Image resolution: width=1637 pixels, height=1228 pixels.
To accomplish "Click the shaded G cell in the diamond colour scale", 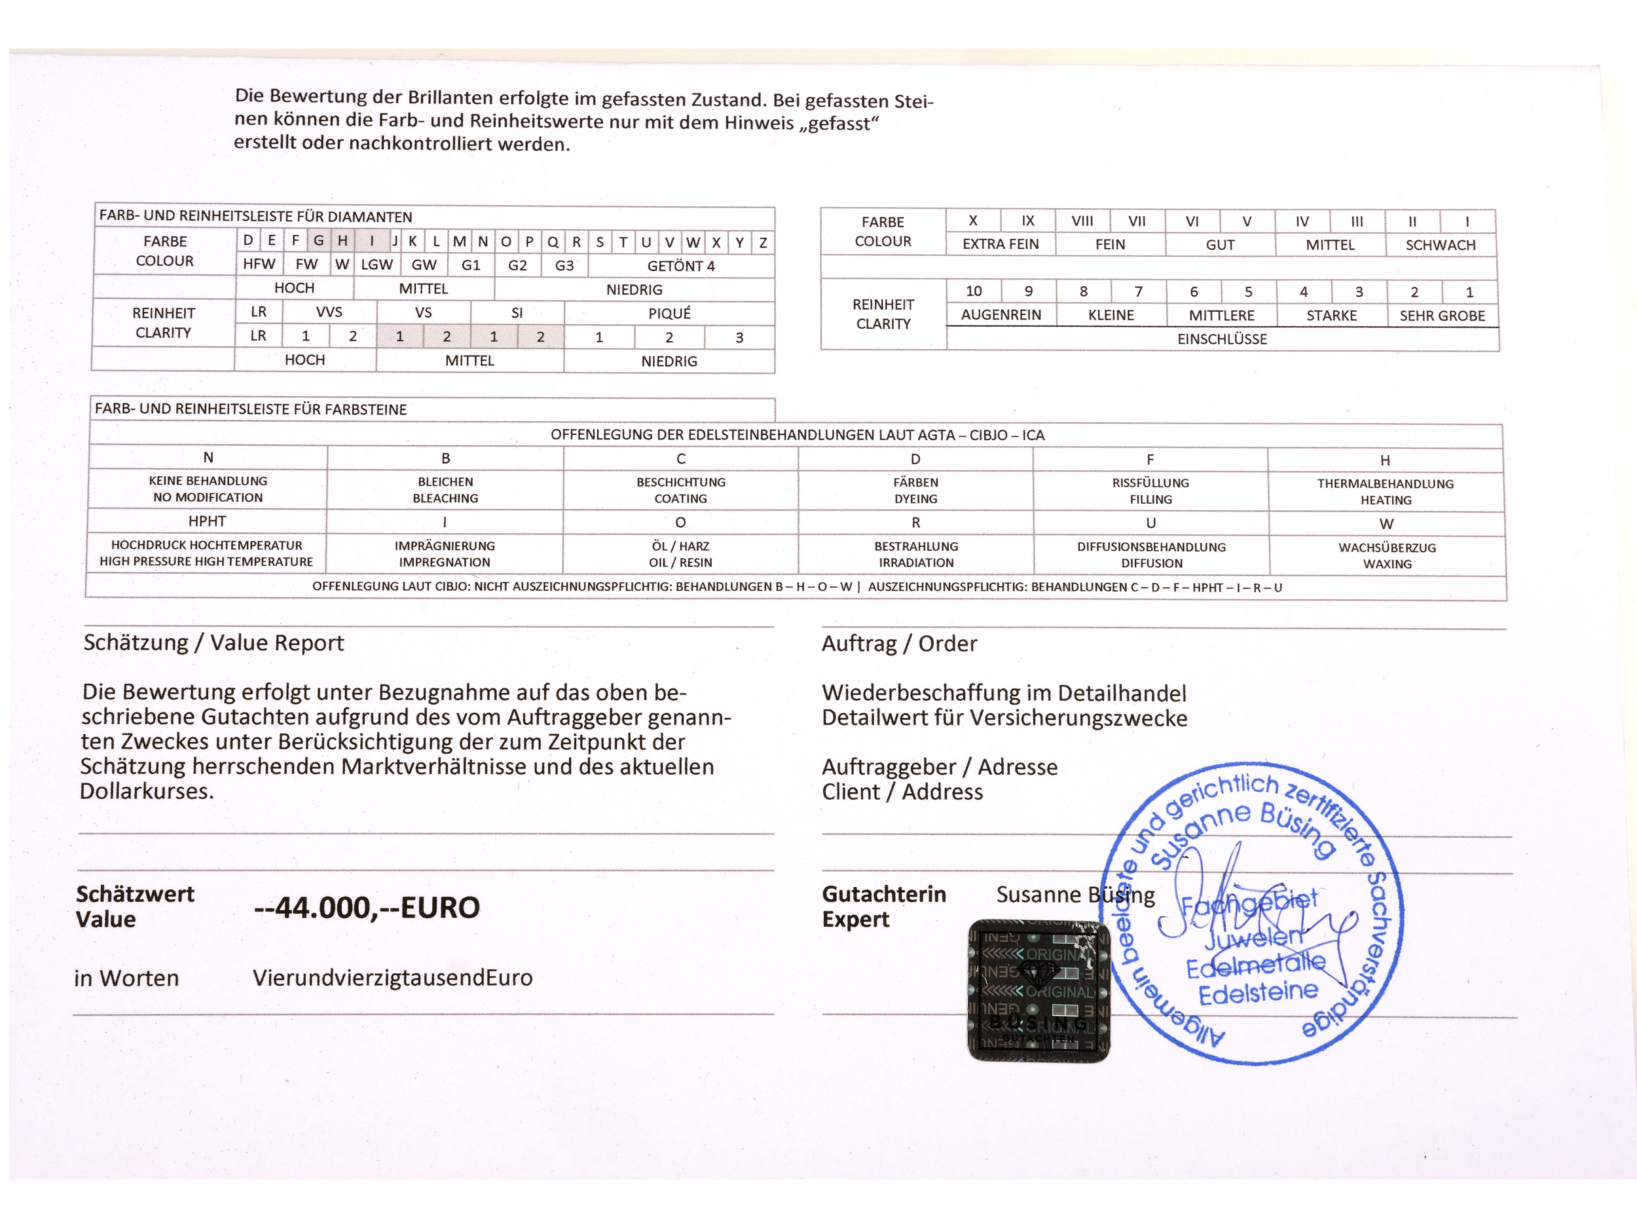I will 318,240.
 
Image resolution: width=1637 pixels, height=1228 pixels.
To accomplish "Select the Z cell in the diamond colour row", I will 763,242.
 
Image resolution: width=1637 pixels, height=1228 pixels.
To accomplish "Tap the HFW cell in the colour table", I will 259,264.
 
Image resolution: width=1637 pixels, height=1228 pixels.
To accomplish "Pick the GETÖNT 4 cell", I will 681,266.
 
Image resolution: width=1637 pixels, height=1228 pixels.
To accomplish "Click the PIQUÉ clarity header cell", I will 669,313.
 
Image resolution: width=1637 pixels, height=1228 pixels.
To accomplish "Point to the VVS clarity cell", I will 329,312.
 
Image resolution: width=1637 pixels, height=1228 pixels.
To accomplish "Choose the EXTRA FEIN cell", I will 1001,244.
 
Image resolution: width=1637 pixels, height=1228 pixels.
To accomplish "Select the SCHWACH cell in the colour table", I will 1440,245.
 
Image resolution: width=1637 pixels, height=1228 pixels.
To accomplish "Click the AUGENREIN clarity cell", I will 1001,314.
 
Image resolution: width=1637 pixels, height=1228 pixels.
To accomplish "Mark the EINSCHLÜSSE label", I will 1222,339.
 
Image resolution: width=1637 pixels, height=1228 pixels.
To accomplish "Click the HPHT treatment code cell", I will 207,521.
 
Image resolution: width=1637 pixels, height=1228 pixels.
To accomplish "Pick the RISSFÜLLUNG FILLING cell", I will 1150,491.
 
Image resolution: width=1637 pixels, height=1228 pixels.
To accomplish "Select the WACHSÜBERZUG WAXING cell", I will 1387,555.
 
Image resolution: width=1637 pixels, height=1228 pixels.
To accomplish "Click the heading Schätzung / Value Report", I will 214,642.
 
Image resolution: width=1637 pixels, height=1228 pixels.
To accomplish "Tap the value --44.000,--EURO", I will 367,908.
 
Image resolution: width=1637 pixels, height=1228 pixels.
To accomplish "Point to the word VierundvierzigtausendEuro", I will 392,978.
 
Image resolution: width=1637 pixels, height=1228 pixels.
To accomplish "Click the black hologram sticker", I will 1039,990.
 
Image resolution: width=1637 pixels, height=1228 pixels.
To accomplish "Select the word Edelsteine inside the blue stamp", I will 1258,993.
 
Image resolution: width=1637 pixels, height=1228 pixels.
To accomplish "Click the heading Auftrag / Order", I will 899,643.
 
